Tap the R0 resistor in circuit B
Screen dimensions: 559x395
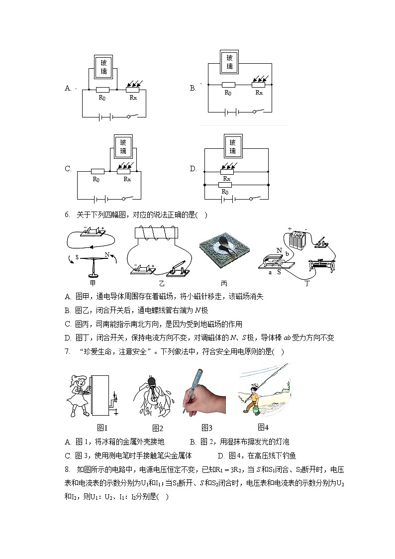point(228,85)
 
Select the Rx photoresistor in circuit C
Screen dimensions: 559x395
point(124,171)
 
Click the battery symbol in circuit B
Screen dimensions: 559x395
point(230,112)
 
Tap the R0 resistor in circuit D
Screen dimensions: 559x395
point(225,184)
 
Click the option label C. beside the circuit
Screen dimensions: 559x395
point(68,169)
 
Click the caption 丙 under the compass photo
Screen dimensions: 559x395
point(224,283)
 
